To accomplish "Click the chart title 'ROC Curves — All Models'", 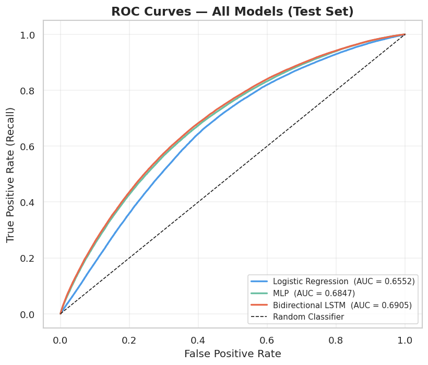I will coord(232,11).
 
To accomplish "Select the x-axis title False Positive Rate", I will coord(232,354).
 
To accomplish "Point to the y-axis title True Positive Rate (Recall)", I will coord(11,175).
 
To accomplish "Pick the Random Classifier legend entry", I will coord(308,317).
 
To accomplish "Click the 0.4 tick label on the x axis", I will coord(198,340).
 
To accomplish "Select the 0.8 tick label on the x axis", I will coord(336,340).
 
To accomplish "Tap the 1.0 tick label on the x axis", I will coord(405,340).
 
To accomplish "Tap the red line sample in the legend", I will coord(259,305).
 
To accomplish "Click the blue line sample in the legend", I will coord(259,281).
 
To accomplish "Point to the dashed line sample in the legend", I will coord(259,317).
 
